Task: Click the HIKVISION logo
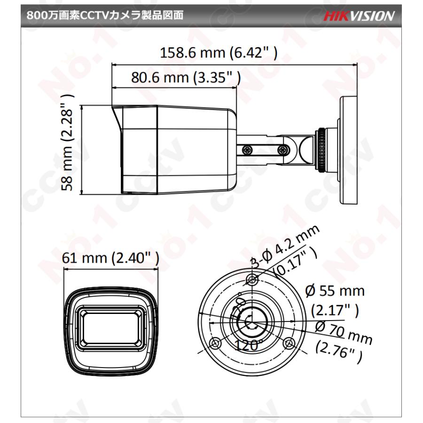359,16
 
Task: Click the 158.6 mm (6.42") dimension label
219,53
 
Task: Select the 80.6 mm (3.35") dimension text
186,78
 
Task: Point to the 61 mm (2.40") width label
110,258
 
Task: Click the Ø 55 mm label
335,291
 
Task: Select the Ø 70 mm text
344,333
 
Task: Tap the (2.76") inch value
339,351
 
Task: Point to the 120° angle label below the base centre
249,345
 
